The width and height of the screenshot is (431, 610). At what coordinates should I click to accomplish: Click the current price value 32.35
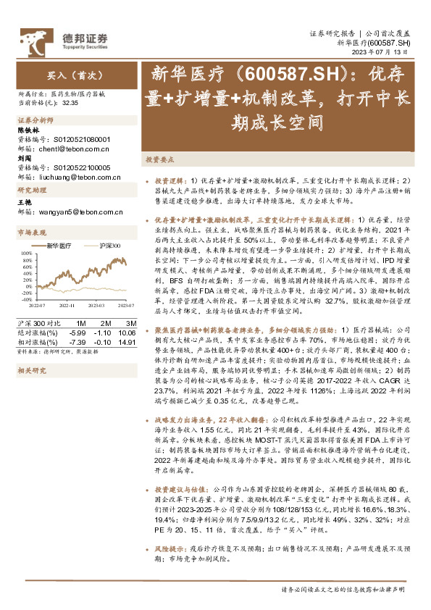tap(70, 104)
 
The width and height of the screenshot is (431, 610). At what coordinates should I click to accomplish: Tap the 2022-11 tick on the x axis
tap(66, 306)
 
